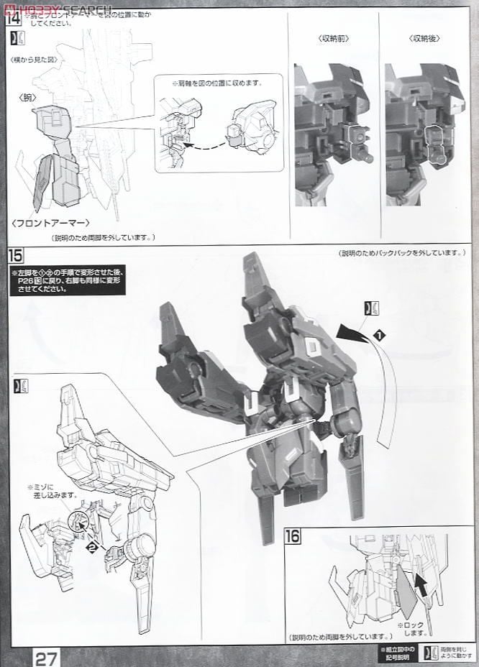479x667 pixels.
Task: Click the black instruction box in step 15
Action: click(x=67, y=282)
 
